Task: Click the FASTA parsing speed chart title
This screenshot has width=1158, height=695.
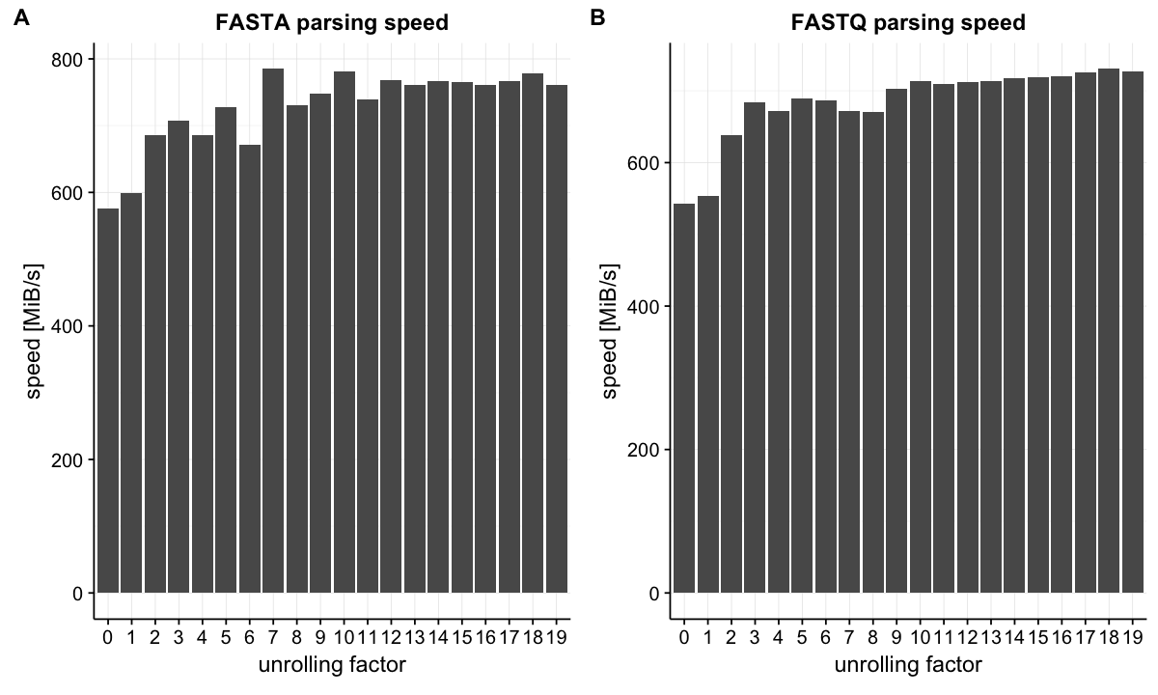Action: pos(331,22)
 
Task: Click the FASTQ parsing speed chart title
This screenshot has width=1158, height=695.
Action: pos(908,22)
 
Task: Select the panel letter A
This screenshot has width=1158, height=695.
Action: pos(20,18)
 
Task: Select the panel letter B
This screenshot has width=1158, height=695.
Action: pos(596,18)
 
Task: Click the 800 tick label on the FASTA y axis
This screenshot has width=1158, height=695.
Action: pos(68,59)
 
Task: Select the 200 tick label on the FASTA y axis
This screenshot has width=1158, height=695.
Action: pos(68,459)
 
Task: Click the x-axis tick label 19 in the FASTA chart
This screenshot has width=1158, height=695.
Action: pos(557,637)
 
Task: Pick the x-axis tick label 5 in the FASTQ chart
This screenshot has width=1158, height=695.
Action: pos(802,637)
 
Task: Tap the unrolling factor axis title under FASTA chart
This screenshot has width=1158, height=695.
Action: pos(332,664)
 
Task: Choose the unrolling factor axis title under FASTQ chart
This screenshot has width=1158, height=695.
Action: pos(908,664)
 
